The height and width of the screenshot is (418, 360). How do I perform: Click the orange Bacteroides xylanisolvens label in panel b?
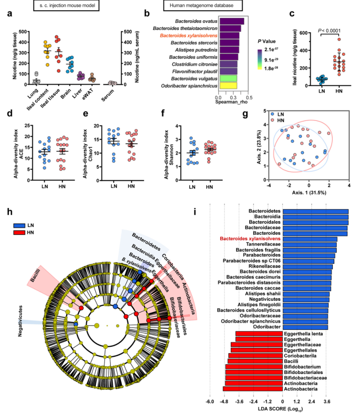[x=181, y=36]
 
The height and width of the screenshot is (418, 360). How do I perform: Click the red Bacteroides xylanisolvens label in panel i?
[x=250, y=239]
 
